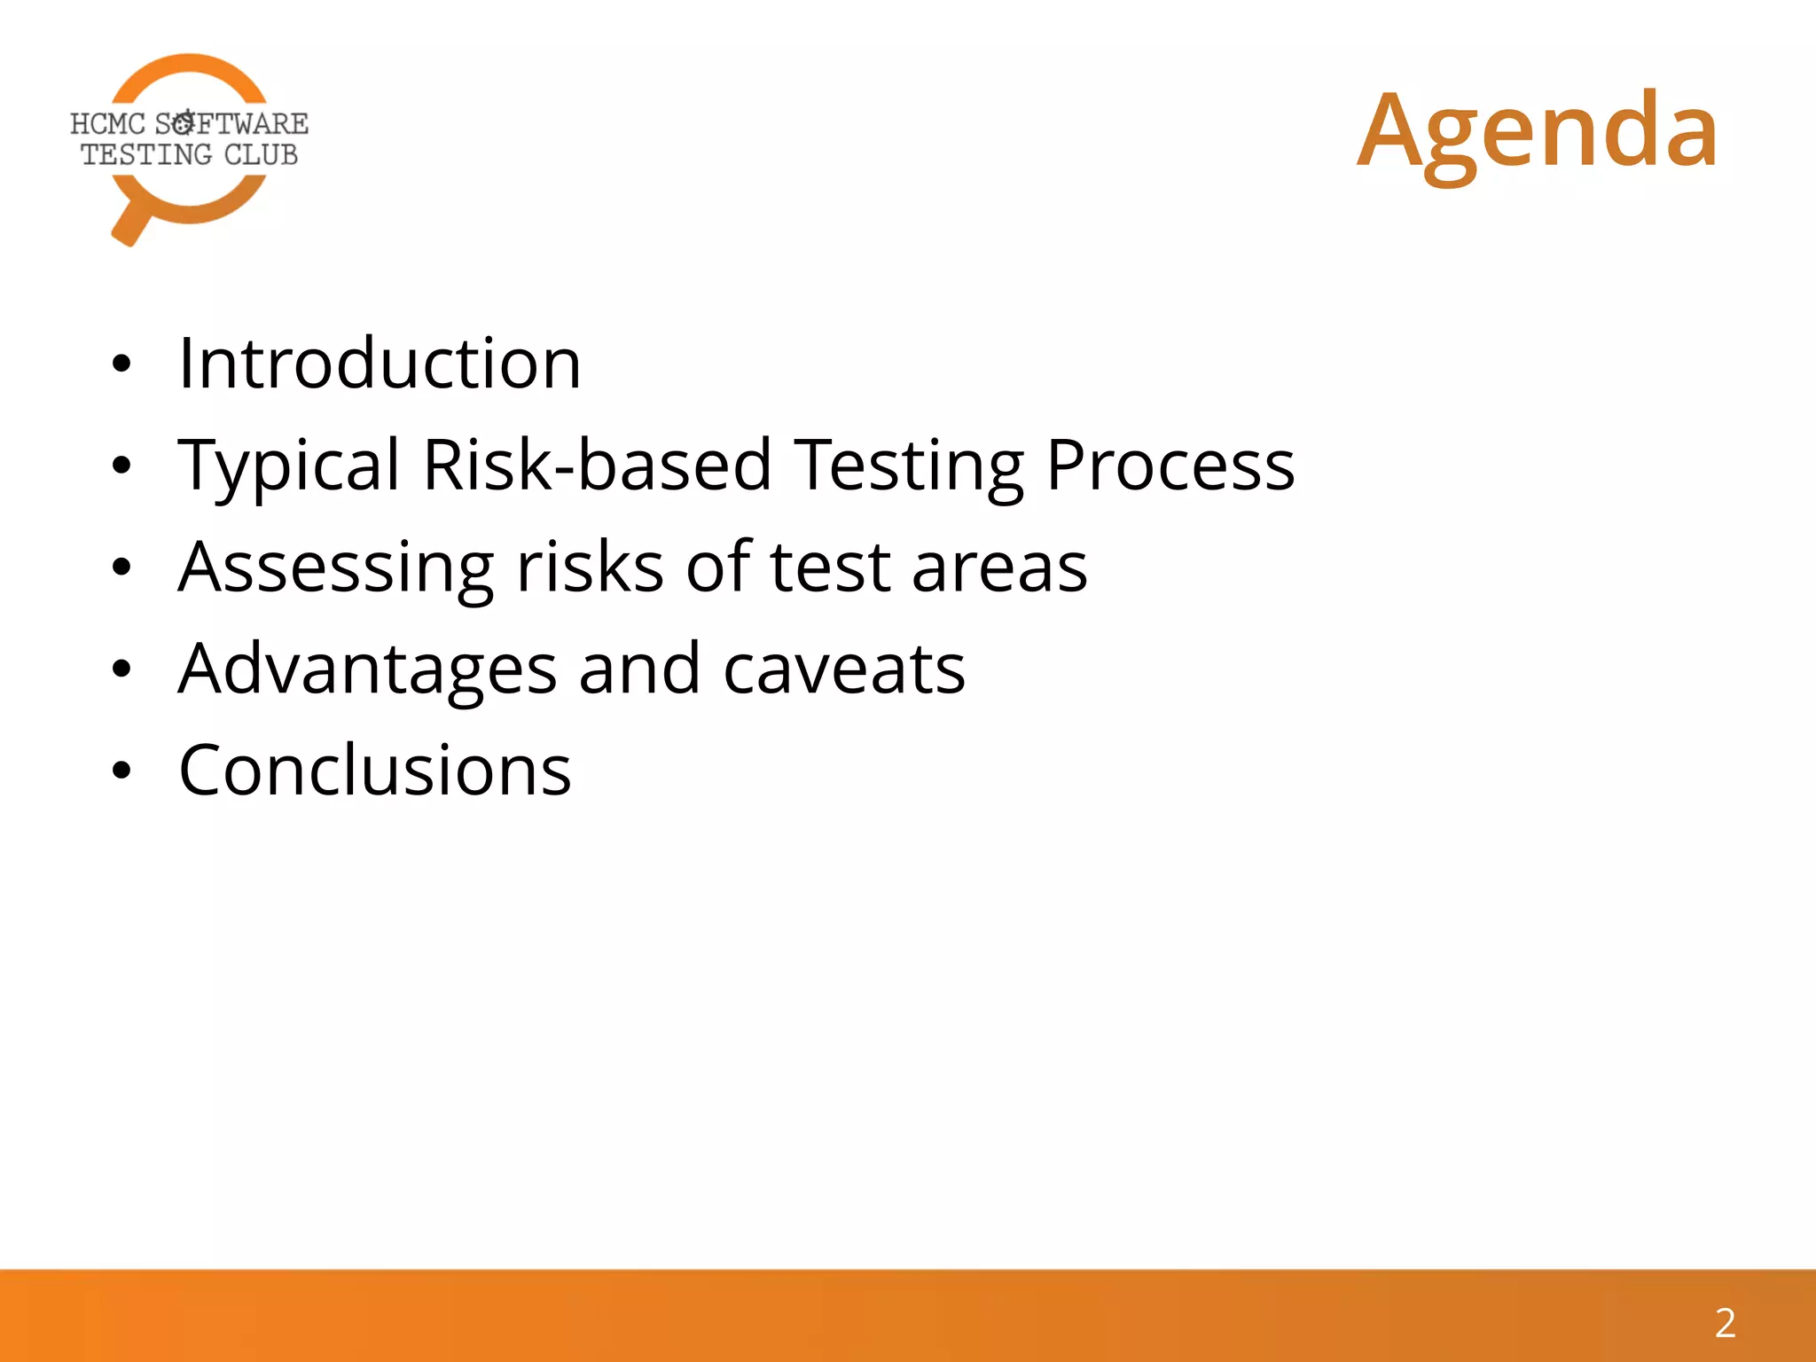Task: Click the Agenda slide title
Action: point(1538,131)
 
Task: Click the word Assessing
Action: point(335,567)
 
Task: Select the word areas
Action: point(999,567)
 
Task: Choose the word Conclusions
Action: point(375,770)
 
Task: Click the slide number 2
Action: point(1725,1323)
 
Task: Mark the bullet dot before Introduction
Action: point(121,364)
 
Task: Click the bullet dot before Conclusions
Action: point(121,771)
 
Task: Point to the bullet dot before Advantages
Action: point(121,669)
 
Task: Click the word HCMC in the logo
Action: point(106,124)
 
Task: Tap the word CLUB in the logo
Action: point(261,155)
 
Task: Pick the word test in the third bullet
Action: point(829,567)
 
